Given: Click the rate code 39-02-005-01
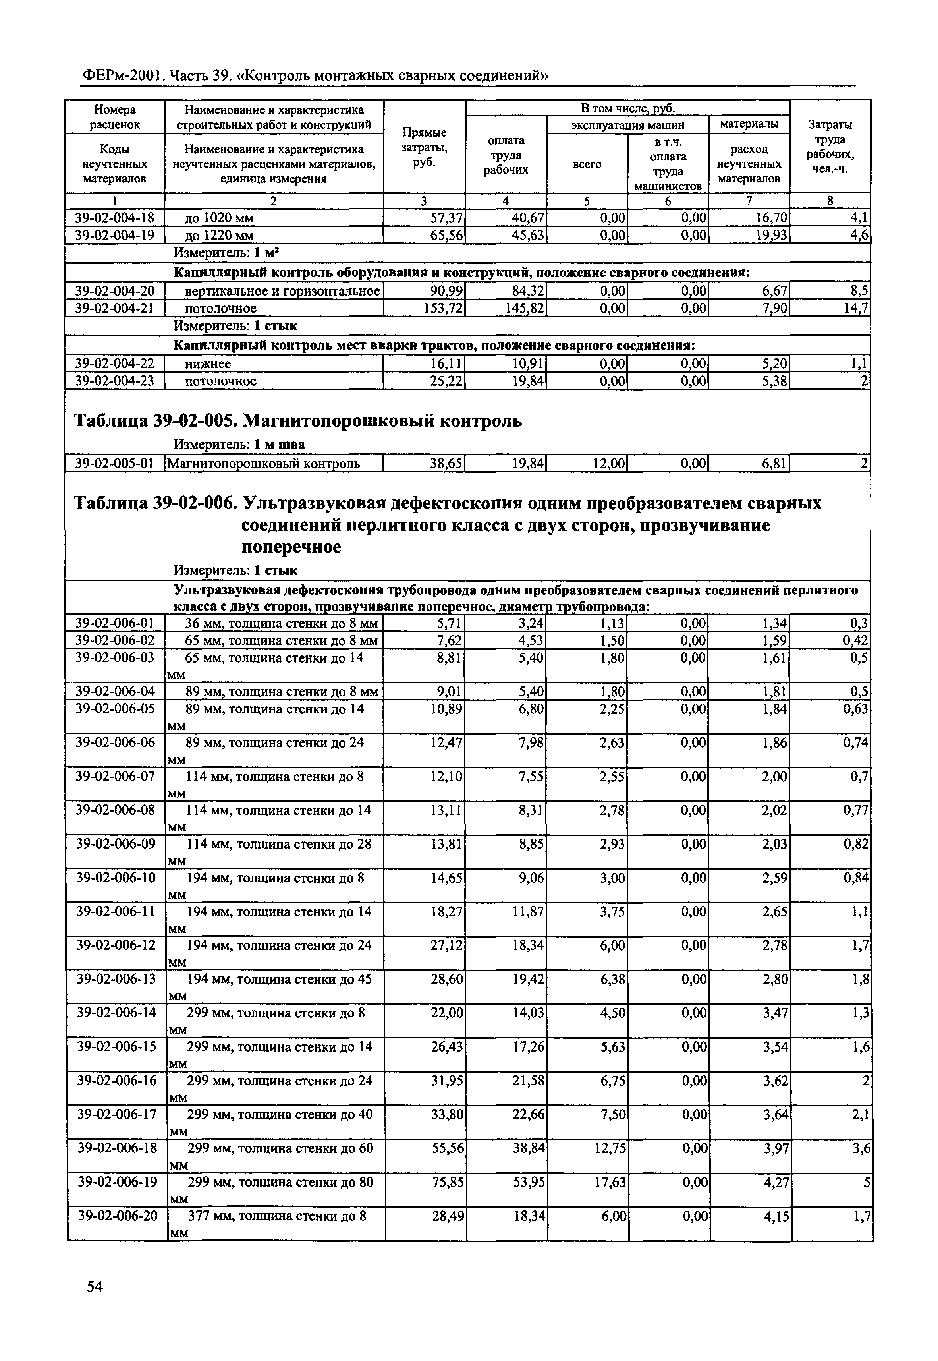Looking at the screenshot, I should (115, 464).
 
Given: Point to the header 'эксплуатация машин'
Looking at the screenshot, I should (628, 125).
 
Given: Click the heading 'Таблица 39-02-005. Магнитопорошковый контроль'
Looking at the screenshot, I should (297, 421).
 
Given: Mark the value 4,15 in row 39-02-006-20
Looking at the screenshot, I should (772, 1215).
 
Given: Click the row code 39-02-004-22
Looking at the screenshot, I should (115, 364).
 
